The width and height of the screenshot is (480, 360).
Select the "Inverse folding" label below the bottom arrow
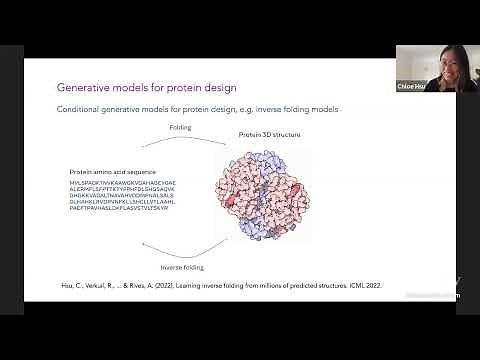184,267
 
